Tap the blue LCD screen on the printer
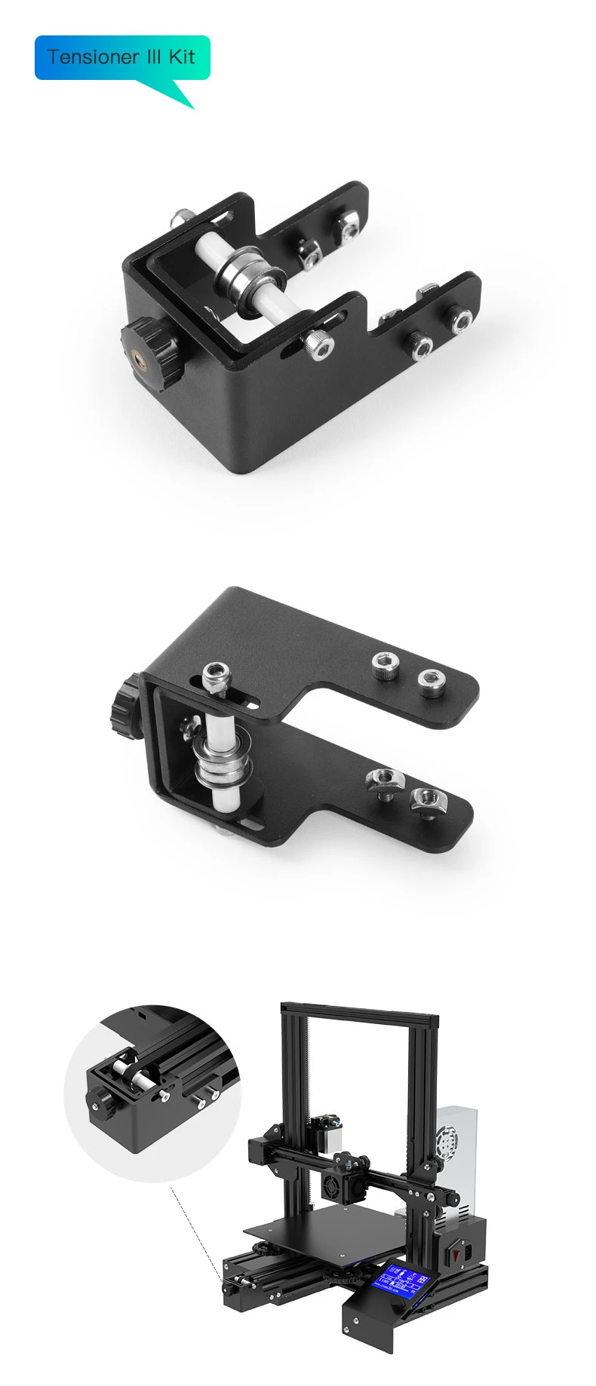coord(404,1281)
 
